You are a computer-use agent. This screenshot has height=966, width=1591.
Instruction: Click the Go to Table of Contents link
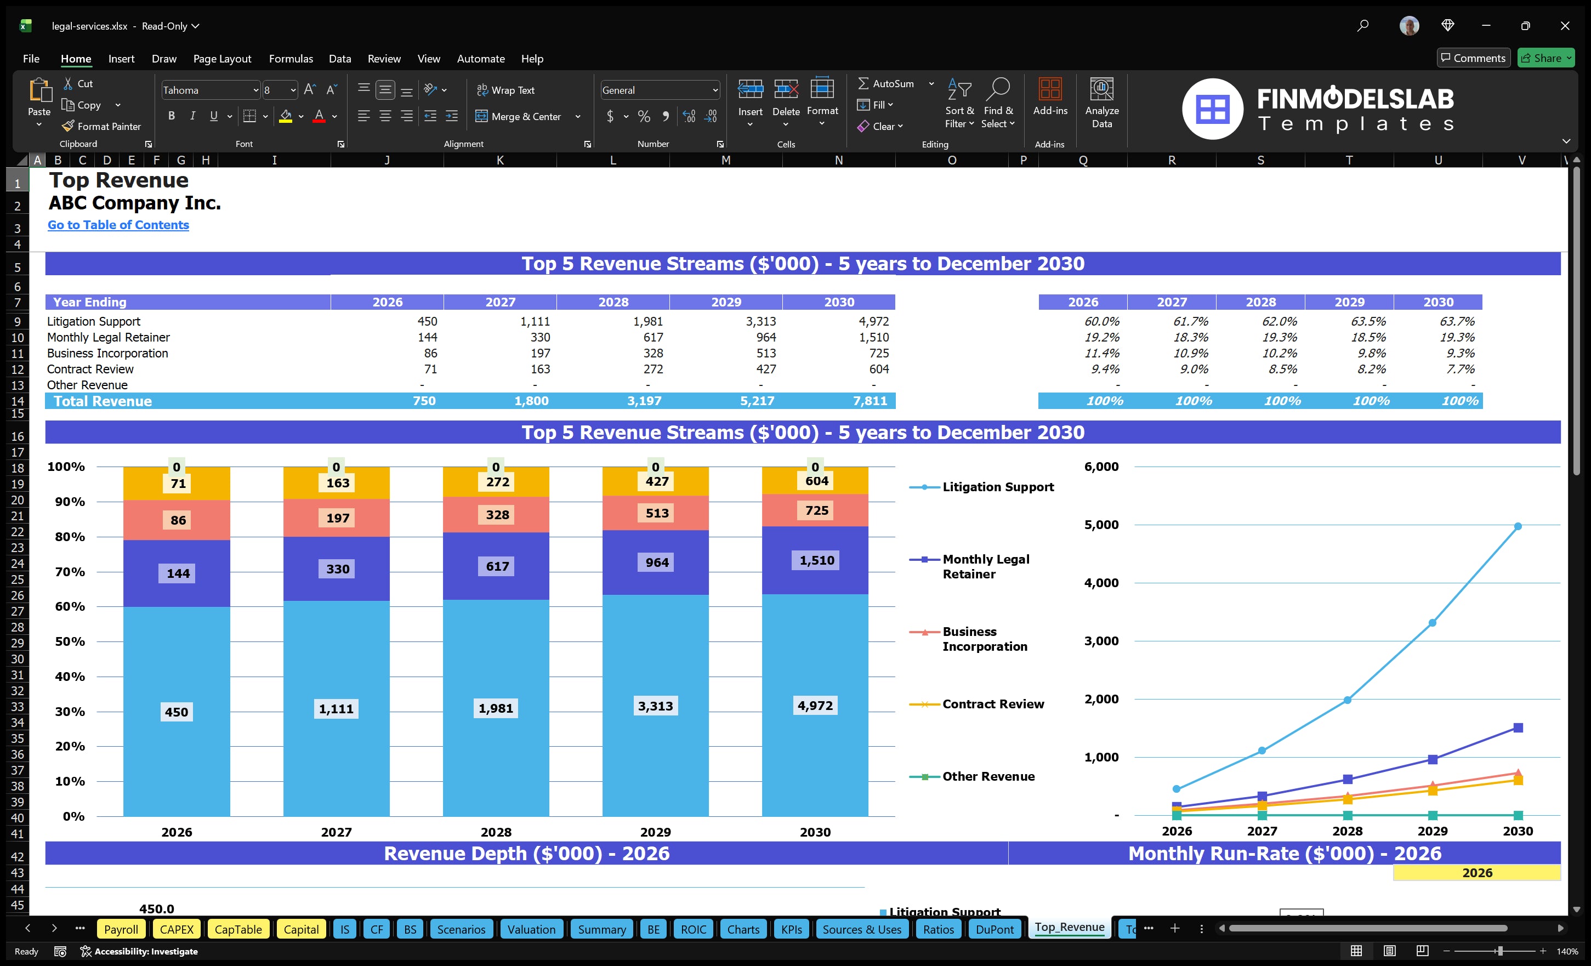[x=118, y=225]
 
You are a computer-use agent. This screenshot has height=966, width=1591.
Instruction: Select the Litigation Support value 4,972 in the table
[x=873, y=321]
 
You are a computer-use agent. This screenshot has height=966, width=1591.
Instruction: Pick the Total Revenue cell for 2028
[x=644, y=401]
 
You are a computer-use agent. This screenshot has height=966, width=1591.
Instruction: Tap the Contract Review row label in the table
[x=90, y=369]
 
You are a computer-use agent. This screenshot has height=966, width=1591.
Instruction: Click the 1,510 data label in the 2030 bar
[x=816, y=560]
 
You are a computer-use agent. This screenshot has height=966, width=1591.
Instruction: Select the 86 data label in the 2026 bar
[x=178, y=520]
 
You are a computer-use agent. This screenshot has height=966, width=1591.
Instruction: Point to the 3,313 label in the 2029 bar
[x=655, y=706]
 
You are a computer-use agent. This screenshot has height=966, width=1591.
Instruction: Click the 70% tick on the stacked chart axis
[x=70, y=571]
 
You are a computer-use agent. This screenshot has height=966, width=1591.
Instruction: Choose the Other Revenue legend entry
[x=987, y=776]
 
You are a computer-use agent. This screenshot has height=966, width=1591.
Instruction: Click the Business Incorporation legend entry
[x=984, y=639]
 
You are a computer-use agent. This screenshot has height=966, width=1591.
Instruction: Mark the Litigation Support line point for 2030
[x=1518, y=526]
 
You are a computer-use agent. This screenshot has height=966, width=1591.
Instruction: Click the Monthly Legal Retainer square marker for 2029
[x=1432, y=759]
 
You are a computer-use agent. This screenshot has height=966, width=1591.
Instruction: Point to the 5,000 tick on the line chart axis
[x=1101, y=524]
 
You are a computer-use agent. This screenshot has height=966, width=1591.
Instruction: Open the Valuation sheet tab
[x=531, y=929]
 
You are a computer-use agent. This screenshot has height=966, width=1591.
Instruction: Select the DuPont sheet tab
[x=994, y=929]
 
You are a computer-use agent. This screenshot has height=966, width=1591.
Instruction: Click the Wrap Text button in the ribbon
[x=505, y=90]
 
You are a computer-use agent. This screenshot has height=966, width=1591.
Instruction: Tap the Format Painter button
[x=101, y=127]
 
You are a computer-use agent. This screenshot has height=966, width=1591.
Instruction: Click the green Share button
[x=1545, y=58]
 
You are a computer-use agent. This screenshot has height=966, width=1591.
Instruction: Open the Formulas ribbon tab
[x=291, y=59]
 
